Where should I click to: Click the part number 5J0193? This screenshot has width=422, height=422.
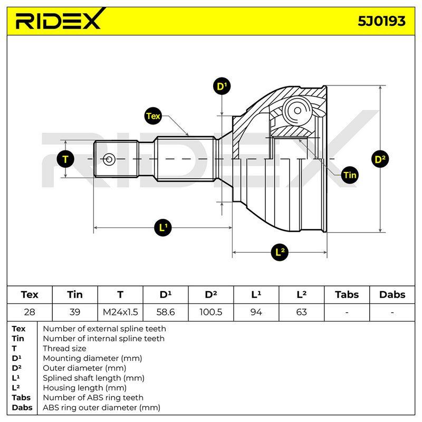(381, 21)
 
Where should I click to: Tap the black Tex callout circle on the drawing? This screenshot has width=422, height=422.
(153, 116)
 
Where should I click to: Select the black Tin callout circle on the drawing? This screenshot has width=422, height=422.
(350, 175)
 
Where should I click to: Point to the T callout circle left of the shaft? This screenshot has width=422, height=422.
(65, 159)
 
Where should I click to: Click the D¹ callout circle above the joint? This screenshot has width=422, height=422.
(222, 87)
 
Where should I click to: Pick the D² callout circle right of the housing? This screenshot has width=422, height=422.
(380, 159)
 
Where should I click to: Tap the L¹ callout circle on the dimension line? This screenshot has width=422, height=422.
(163, 228)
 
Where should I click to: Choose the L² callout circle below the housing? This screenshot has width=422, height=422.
(280, 253)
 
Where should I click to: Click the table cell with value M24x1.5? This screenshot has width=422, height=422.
(120, 312)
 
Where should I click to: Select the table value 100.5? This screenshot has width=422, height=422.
(210, 312)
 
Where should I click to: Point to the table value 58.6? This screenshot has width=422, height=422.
(166, 312)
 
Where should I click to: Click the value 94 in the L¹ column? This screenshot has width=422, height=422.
(256, 312)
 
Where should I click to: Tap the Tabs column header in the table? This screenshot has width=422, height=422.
(347, 295)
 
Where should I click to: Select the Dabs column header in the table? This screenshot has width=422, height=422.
(392, 295)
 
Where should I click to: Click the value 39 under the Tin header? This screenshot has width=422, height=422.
(75, 312)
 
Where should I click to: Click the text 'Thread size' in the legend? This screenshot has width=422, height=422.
(64, 349)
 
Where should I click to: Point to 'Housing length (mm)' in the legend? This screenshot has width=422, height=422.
(84, 388)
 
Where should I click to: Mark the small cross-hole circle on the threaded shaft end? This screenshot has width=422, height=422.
(109, 159)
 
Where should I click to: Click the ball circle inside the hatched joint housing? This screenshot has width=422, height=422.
(297, 110)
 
